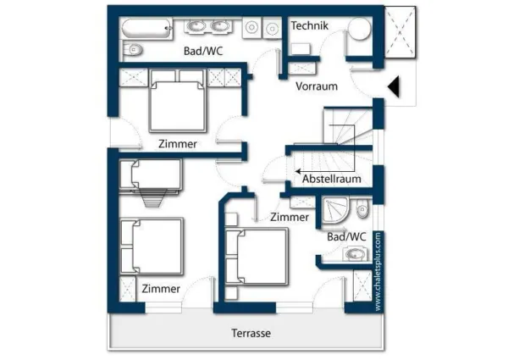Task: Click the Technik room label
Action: tap(309, 25)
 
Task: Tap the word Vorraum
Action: tap(317, 86)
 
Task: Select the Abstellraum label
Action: tap(332, 179)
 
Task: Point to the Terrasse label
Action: tap(251, 333)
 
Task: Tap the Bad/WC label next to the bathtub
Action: tap(203, 52)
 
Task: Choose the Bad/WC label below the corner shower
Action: tap(346, 236)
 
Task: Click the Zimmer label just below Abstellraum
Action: tap(290, 218)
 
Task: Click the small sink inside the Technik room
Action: tap(300, 47)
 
